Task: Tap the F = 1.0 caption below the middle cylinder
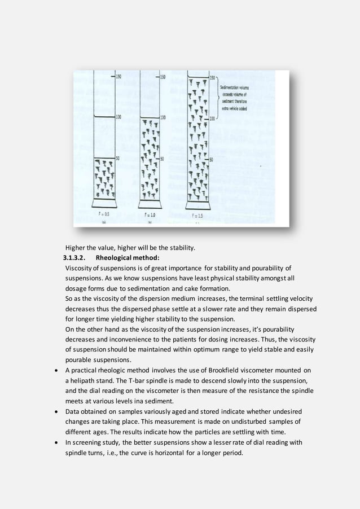coord(150,215)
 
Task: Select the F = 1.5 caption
coord(197,216)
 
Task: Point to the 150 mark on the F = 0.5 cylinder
coord(118,77)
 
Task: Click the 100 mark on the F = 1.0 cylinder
coord(163,118)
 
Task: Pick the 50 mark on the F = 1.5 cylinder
coord(212,160)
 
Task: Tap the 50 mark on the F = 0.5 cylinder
coord(118,159)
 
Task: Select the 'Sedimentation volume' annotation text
coord(234,81)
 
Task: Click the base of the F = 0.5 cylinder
coord(104,203)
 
